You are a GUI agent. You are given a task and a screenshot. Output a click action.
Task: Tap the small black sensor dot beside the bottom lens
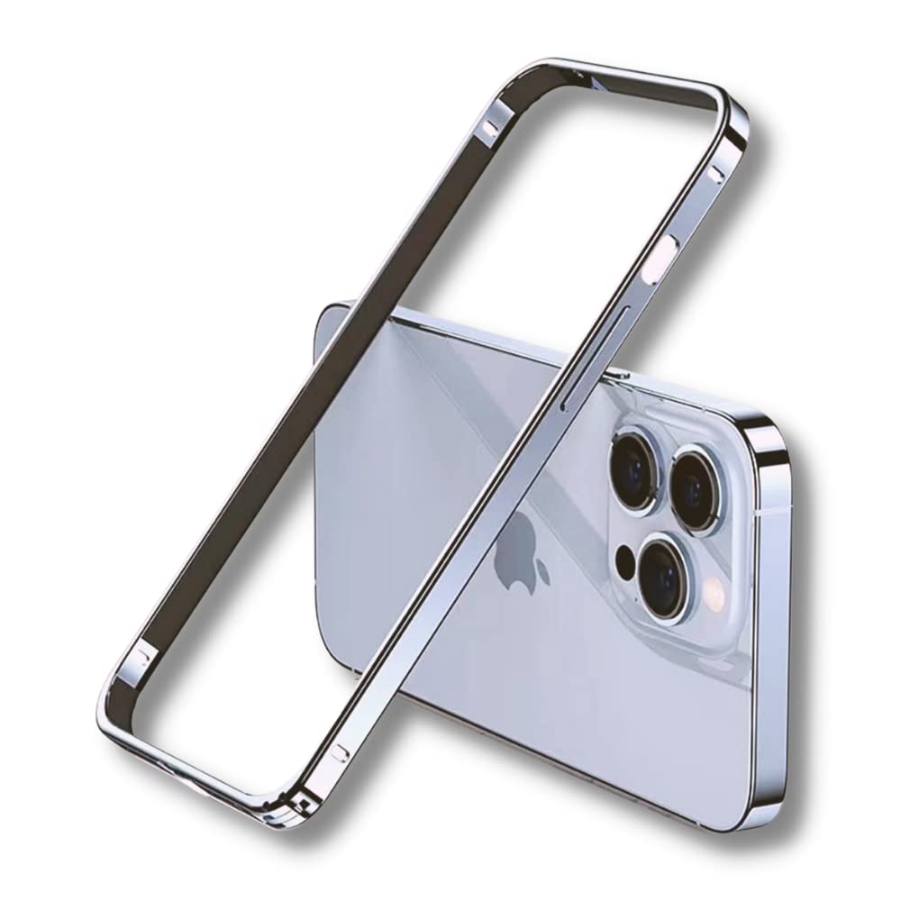(x=623, y=569)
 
